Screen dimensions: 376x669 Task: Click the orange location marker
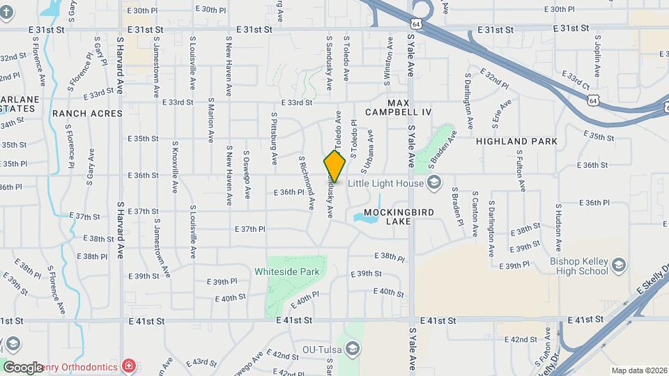point(334,166)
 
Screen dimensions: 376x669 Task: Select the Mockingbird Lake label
point(398,216)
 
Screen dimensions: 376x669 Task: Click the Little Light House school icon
point(435,183)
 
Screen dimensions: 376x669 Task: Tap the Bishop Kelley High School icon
point(618,265)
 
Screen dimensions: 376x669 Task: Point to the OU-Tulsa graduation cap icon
point(353,349)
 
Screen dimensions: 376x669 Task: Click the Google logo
point(22,367)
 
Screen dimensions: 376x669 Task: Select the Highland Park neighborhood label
point(516,141)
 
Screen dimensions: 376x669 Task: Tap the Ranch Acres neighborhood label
point(87,113)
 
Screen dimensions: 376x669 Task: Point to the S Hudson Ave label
point(558,228)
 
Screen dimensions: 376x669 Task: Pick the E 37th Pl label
point(249,228)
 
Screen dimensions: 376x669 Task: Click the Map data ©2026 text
point(638,370)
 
